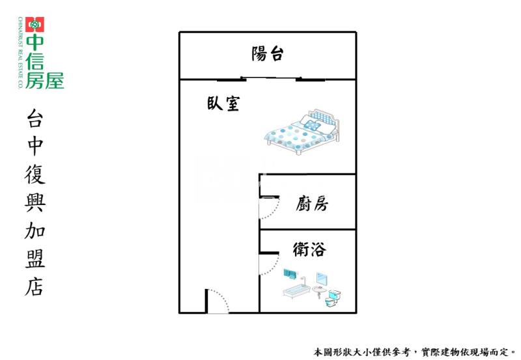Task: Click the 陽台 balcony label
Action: coord(268,53)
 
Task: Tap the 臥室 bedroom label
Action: coord(223,103)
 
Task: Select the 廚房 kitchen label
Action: coord(312,203)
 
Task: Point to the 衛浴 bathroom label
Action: coord(309,249)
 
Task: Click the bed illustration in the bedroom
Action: coord(302,132)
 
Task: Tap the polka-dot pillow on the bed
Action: coord(312,125)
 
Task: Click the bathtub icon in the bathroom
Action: coord(297,290)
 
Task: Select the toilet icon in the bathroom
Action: coord(333,298)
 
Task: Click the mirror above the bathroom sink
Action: coord(322,280)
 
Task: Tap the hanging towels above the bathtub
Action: coord(290,274)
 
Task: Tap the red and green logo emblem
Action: coord(35,24)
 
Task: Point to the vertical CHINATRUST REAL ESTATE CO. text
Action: coord(20,53)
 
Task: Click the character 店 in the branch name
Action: coord(35,287)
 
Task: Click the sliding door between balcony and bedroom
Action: coord(271,79)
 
